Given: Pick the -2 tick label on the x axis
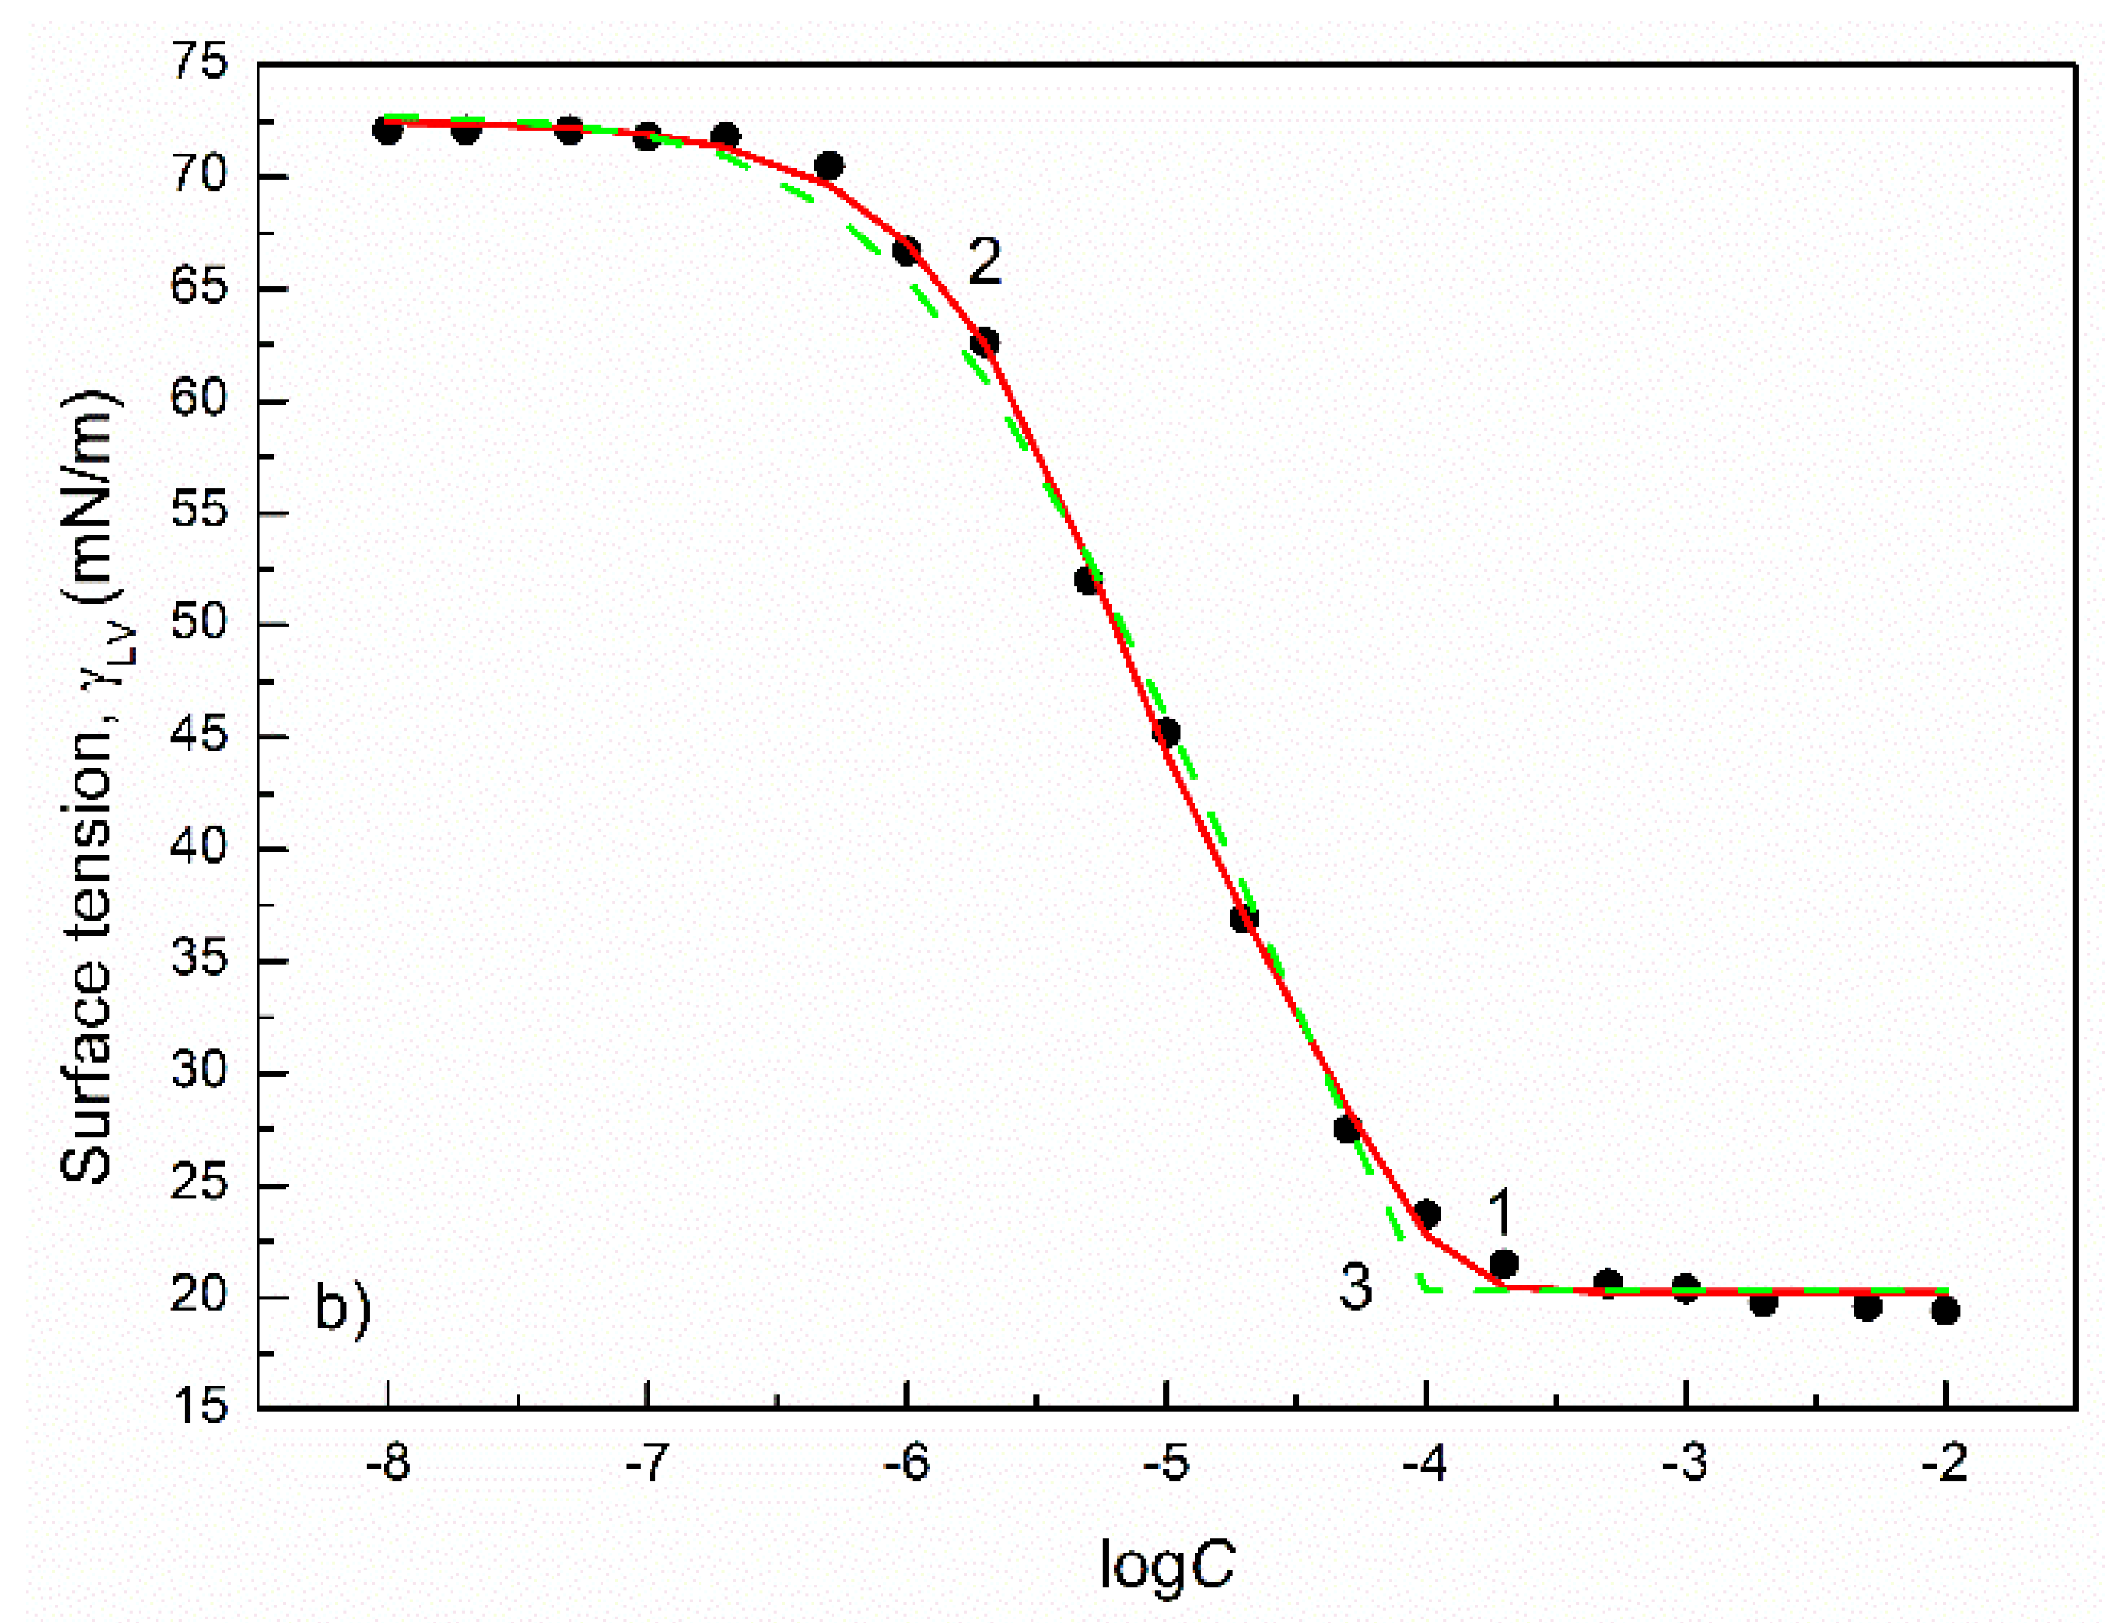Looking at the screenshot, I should pos(1944,1464).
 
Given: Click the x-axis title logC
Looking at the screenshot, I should pos(1167,1564).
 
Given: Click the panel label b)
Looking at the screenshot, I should pos(342,1309).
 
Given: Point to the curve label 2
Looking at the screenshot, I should pos(984,261).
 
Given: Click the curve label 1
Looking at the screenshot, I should pos(1499,1211).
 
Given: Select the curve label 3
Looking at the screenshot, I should pos(1355,1287).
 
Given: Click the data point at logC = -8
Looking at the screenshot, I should pos(387,130).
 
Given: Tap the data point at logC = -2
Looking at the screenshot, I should pos(1945,1311).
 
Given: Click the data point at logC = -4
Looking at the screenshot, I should pos(1426,1214).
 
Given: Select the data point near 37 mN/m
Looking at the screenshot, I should pos(1244,918).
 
